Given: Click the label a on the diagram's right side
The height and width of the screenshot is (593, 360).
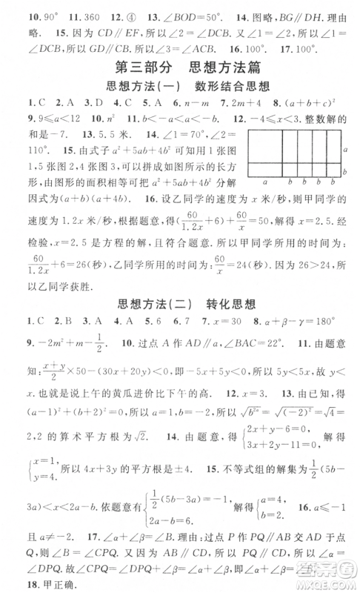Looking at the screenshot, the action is tap(346, 150).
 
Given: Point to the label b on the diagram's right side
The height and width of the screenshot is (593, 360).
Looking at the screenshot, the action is tap(346, 172).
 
